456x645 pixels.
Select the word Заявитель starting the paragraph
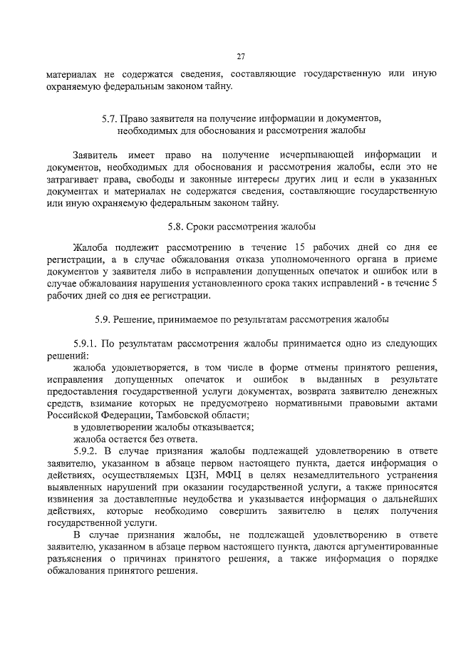(96, 155)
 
